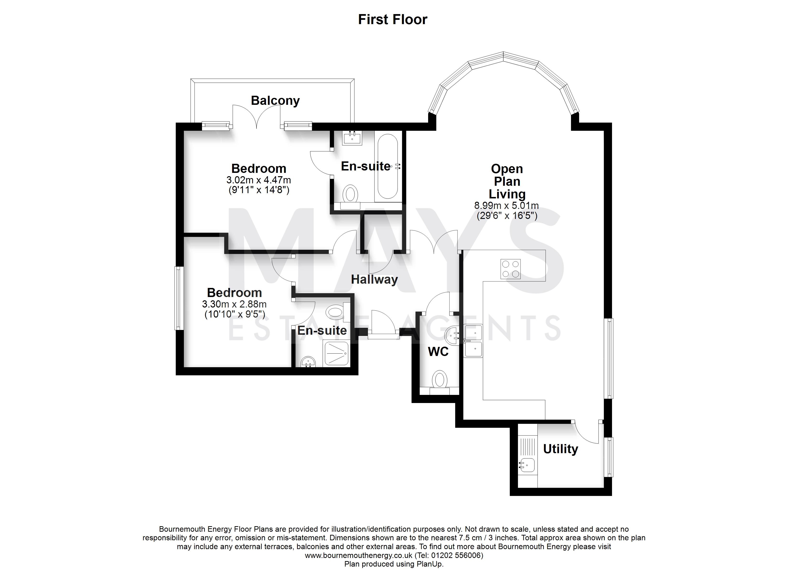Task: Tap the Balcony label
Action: point(275,101)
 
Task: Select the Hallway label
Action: point(374,279)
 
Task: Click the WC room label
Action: point(438,352)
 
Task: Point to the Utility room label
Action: point(560,449)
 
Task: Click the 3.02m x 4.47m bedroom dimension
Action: point(259,180)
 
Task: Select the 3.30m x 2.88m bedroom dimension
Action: point(234,304)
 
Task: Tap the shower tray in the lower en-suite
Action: point(336,353)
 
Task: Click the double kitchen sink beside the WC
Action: point(473,341)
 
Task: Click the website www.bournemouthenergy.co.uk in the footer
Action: point(359,555)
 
